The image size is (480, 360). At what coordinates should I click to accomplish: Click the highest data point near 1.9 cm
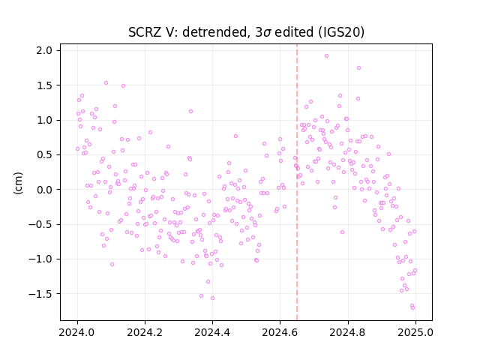coord(327,56)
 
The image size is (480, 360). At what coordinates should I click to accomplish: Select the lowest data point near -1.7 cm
coord(413,308)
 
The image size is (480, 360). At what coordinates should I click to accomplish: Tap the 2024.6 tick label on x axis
coord(280,332)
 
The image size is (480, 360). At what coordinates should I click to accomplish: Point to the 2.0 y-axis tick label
coord(44,50)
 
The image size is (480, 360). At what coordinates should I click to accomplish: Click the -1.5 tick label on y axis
coord(40,294)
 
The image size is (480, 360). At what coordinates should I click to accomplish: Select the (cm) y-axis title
coord(18,183)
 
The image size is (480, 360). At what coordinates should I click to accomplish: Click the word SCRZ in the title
coord(145,32)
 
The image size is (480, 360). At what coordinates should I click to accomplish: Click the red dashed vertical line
coord(297,182)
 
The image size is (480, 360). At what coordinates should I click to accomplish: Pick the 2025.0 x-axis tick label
coord(415,332)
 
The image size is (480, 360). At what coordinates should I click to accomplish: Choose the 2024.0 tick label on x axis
coord(77,332)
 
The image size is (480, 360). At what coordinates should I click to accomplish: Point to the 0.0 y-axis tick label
coord(44,190)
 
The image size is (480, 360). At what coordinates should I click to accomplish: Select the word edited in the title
coord(294,32)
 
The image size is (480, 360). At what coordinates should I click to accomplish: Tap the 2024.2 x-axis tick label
coord(145,332)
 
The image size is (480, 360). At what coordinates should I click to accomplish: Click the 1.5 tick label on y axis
coord(44,85)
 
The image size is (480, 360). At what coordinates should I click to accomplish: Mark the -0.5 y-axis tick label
coord(40,224)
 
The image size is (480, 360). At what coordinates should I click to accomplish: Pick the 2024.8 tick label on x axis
coord(347,332)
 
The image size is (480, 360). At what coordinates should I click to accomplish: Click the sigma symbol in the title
coord(267,33)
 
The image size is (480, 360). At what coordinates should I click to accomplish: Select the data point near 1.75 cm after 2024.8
coord(358,68)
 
